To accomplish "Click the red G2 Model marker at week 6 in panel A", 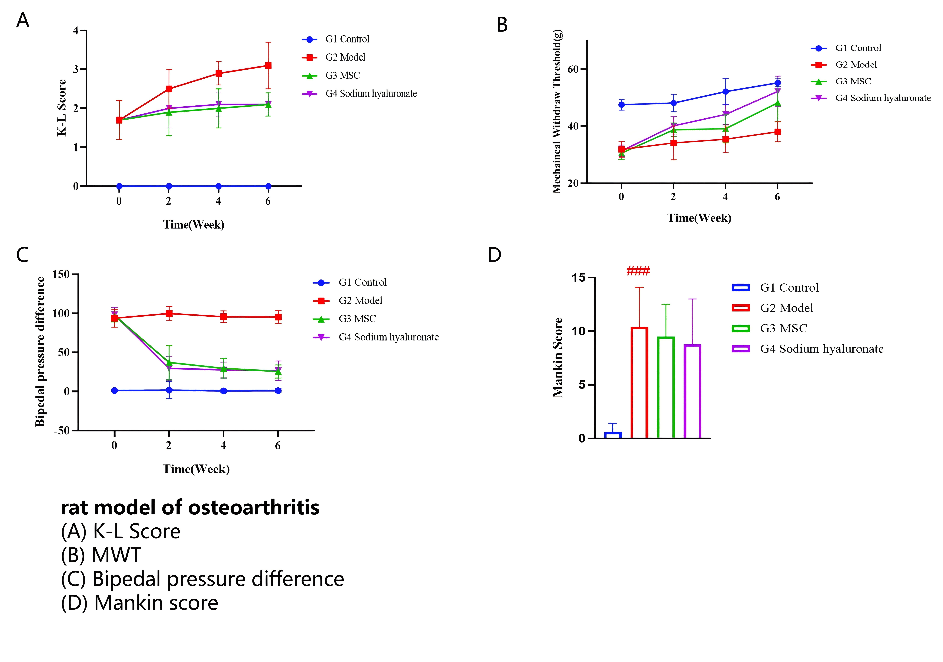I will pos(268,66).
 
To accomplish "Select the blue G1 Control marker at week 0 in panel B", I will pos(621,105).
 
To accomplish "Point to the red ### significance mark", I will pos(638,271).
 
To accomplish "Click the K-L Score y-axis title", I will pos(62,108).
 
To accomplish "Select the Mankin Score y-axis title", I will pos(558,357).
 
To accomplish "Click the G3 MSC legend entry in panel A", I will pos(342,76).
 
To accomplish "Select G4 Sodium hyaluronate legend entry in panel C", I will pos(388,337).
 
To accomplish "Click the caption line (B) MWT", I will pos(101,555).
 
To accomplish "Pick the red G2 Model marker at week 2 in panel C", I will pos(169,314).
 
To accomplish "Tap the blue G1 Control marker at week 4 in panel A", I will pos(219,186).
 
